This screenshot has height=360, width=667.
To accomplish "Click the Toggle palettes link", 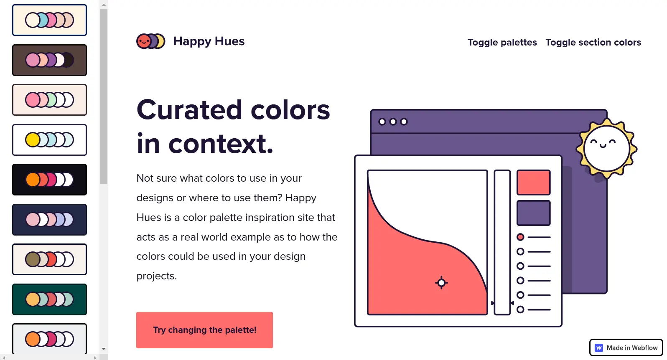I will coord(502,43).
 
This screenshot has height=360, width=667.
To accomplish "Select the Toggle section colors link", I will coord(593,43).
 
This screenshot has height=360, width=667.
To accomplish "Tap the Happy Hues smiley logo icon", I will coord(150,41).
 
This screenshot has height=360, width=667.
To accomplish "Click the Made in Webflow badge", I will coord(626,347).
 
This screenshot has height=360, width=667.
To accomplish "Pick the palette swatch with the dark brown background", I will coord(49,60).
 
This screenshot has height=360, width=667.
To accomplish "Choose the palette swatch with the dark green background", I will coord(49,299).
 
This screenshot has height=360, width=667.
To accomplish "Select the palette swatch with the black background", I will coord(49,180).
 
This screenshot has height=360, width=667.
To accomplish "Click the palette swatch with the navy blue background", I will coord(49,220).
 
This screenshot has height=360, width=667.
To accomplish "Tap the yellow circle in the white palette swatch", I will coord(32,140).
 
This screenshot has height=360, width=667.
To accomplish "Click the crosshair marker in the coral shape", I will coord(441,283).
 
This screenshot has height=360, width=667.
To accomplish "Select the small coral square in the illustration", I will coord(533,182).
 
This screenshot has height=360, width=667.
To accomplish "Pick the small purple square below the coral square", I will coord(533,213).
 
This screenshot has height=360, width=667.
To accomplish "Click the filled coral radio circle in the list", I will coord(520,237).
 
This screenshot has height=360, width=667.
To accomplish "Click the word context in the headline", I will coord(221,144).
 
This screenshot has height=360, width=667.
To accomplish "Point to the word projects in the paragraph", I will coord(156,276).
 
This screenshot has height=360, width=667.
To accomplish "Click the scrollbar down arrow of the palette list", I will coord(104,349).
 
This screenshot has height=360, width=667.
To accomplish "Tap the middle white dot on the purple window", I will coord(393,122).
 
